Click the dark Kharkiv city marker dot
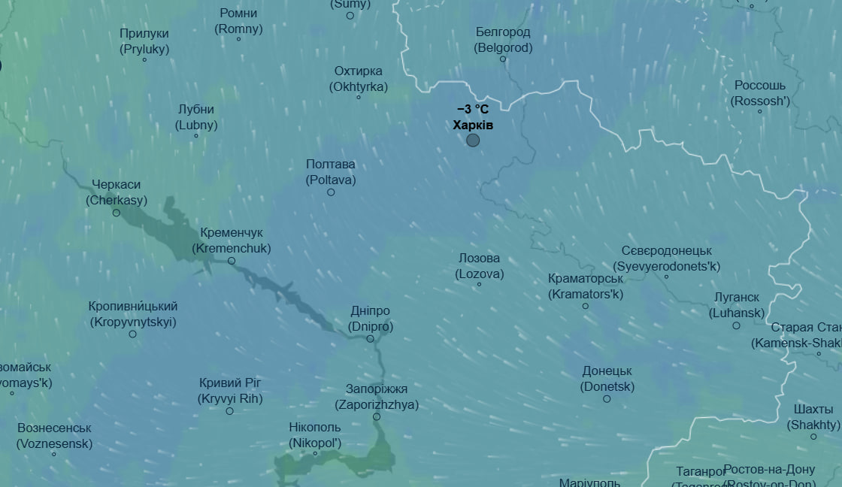point(473,140)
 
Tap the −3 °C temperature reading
point(473,109)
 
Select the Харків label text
point(473,125)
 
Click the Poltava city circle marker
point(331,192)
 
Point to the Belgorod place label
point(503,40)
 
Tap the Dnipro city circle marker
point(370,339)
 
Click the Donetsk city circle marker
point(607,399)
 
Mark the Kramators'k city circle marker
point(586,306)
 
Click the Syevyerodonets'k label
point(667,259)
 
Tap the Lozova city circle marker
point(480,284)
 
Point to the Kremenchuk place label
point(232,240)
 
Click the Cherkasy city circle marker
point(117,213)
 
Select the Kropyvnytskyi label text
point(133,314)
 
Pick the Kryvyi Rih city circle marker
point(230,411)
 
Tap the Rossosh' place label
point(760,93)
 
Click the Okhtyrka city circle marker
point(359,97)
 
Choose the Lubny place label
point(196,117)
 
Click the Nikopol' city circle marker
point(316,453)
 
